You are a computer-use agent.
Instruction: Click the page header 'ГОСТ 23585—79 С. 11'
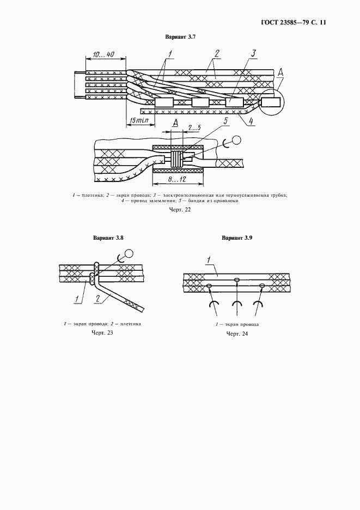pyautogui.click(x=294, y=23)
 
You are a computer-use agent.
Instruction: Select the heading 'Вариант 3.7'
pyautogui.click(x=180, y=38)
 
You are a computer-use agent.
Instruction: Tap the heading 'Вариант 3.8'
pyautogui.click(x=108, y=238)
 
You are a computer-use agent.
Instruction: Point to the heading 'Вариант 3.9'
pyautogui.click(x=237, y=238)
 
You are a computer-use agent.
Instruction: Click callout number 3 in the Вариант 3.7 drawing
pyautogui.click(x=253, y=53)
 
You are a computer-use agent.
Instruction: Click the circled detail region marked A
pyautogui.click(x=272, y=102)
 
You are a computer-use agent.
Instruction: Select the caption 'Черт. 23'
pyautogui.click(x=102, y=333)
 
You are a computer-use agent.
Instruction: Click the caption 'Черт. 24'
pyautogui.click(x=237, y=333)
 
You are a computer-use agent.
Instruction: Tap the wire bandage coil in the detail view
pyautogui.click(x=176, y=159)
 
